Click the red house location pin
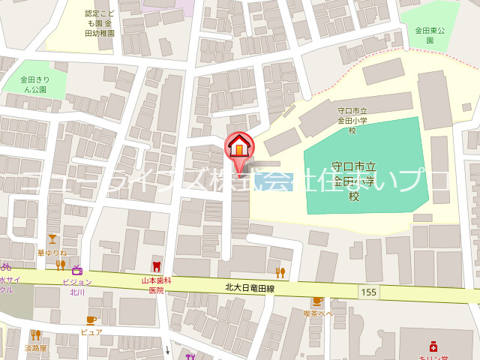pos(239,144)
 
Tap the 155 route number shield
pos(367,291)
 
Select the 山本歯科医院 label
pos(157,286)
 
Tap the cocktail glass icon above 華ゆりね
pos(52,240)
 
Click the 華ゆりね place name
pos(52,253)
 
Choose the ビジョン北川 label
pos(77,286)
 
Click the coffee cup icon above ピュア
pos(91,320)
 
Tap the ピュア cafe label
pos(91,331)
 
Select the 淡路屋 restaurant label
pos(35,348)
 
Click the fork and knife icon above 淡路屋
pos(35,335)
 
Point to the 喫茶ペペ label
pos(318,313)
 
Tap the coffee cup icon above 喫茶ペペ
pos(318,301)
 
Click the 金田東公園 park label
pos(430,35)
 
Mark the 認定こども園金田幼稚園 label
pos(100,23)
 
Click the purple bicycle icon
pos(5,266)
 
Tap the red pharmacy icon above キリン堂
pos(433,346)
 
